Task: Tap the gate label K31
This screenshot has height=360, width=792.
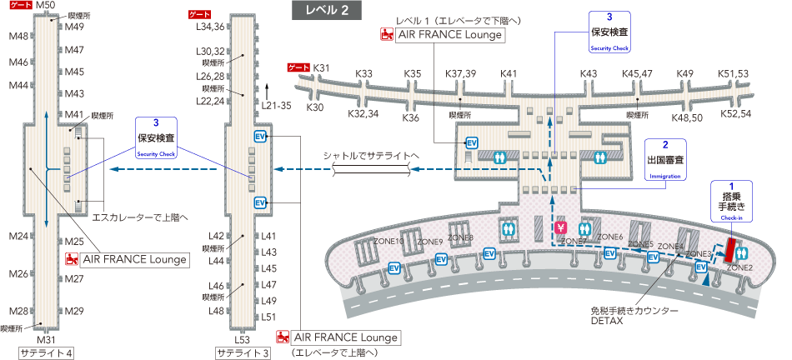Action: click(x=322, y=67)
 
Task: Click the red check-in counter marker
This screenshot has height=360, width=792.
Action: click(x=734, y=248)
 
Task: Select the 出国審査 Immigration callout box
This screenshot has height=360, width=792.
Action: click(x=665, y=161)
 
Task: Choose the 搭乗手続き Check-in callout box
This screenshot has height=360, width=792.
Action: click(x=730, y=201)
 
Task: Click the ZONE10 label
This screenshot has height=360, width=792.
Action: click(x=388, y=242)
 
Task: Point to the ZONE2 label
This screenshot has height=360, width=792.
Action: click(x=739, y=267)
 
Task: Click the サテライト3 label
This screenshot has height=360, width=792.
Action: click(x=243, y=352)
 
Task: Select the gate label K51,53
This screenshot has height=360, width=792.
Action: click(x=734, y=74)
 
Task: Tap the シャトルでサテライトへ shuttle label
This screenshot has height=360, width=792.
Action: click(x=372, y=156)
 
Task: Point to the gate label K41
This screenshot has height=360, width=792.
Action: click(x=509, y=74)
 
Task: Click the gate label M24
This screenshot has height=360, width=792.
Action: click(x=19, y=236)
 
